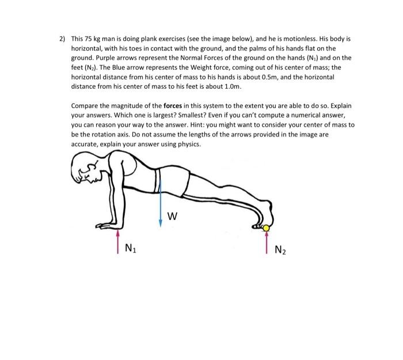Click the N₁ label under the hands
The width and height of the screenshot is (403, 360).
click(x=131, y=249)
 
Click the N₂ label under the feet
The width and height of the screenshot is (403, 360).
click(x=280, y=249)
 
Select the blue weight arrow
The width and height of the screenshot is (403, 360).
click(x=161, y=202)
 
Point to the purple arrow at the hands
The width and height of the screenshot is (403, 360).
click(x=118, y=241)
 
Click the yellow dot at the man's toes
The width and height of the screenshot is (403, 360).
click(x=266, y=229)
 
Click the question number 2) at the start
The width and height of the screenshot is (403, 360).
click(x=62, y=40)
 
